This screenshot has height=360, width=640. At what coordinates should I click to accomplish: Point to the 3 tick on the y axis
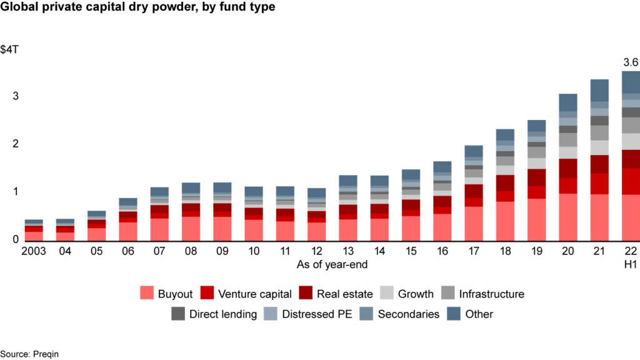(7, 96)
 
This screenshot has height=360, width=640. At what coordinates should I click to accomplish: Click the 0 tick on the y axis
(7, 239)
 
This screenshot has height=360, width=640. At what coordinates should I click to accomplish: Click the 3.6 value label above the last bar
(631, 62)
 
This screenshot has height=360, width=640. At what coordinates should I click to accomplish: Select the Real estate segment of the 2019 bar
(536, 177)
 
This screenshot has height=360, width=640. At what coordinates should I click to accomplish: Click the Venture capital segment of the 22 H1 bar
(631, 181)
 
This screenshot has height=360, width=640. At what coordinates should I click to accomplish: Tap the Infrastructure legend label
(491, 294)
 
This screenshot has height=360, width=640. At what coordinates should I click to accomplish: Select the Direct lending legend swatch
(178, 314)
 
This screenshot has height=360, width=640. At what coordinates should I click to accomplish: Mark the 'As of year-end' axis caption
(332, 265)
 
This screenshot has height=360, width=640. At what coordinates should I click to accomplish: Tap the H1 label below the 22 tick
(631, 265)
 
